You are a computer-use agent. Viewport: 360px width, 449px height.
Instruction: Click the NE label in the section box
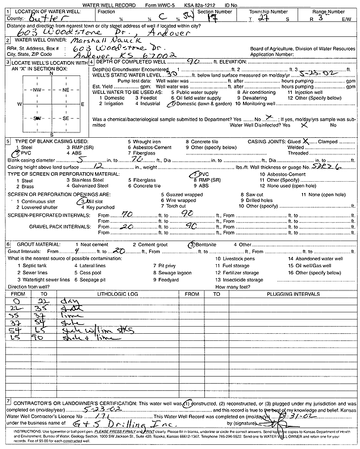[x=66, y=89]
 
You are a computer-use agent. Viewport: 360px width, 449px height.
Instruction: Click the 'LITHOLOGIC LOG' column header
[x=119, y=293]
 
